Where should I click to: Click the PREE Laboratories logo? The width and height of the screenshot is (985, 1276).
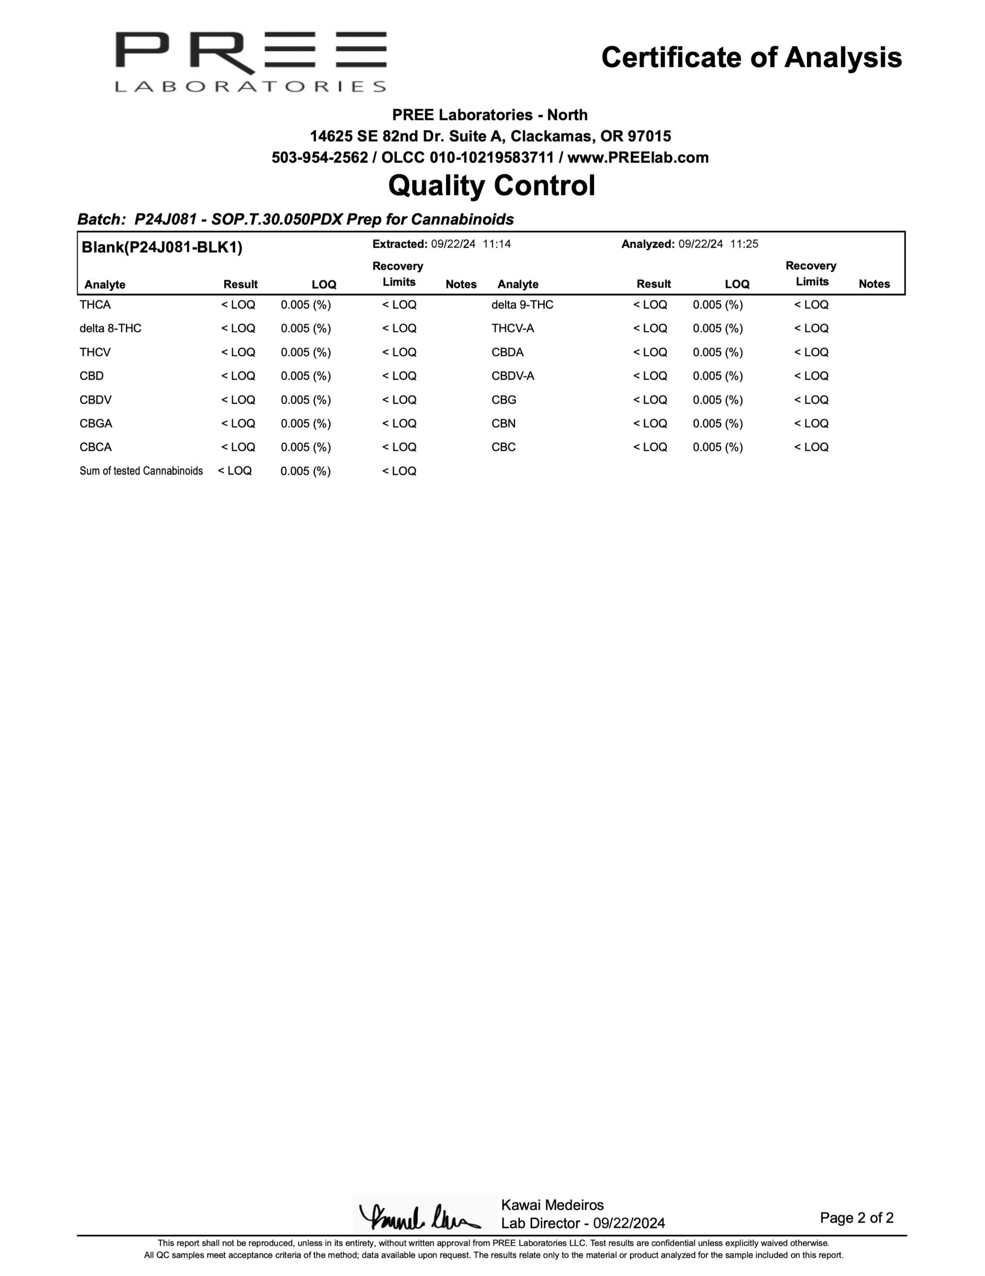pyautogui.click(x=251, y=61)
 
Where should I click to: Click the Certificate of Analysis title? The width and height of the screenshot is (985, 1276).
pyautogui.click(x=751, y=58)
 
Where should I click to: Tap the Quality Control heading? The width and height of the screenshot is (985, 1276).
pyautogui.click(x=492, y=186)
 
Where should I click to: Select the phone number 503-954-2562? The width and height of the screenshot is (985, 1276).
pyautogui.click(x=320, y=158)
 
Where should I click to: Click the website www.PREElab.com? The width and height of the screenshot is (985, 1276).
pyautogui.click(x=638, y=158)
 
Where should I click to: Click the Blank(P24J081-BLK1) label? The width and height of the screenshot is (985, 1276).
pyautogui.click(x=162, y=247)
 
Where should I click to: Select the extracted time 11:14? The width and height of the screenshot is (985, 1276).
pyautogui.click(x=496, y=244)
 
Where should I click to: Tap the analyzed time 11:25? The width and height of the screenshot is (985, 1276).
pyautogui.click(x=744, y=244)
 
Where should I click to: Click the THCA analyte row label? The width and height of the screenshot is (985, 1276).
pyautogui.click(x=95, y=305)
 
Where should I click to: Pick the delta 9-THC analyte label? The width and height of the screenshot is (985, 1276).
pyautogui.click(x=522, y=305)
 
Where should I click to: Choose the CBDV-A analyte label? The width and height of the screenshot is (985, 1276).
pyautogui.click(x=512, y=376)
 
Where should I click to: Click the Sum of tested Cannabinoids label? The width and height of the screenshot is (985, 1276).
pyautogui.click(x=142, y=471)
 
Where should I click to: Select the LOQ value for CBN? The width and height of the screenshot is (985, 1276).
pyautogui.click(x=717, y=424)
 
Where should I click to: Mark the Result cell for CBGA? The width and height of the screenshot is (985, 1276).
pyautogui.click(x=238, y=424)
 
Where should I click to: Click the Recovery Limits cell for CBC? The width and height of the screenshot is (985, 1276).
pyautogui.click(x=811, y=448)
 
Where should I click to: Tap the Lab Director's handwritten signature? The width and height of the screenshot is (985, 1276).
pyautogui.click(x=419, y=1217)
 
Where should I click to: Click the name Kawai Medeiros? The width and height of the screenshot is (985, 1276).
pyautogui.click(x=552, y=1205)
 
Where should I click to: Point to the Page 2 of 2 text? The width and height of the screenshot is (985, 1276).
pyautogui.click(x=856, y=1218)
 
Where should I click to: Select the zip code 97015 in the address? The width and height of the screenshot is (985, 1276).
pyautogui.click(x=649, y=137)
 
